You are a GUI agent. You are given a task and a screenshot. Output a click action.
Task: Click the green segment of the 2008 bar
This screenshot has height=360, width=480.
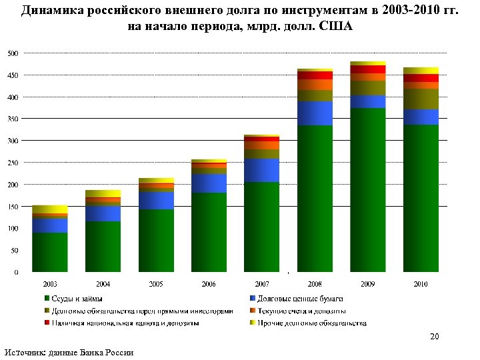[315, 198]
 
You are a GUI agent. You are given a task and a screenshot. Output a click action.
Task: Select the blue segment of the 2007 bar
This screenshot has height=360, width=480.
[262, 170]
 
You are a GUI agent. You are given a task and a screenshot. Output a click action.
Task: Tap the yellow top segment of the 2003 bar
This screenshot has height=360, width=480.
[50, 209]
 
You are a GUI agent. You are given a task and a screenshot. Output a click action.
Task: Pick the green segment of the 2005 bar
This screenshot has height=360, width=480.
[156, 240]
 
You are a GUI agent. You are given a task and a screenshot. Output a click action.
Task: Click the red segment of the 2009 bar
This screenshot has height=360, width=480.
[368, 69]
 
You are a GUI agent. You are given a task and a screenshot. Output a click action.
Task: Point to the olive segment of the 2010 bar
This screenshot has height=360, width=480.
[421, 99]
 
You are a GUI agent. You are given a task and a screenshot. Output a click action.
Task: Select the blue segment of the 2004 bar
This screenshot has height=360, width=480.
[103, 213]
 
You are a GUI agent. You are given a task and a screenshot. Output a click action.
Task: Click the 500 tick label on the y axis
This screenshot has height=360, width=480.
[13, 53]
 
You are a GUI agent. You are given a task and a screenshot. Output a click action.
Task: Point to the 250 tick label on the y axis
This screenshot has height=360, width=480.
[13, 163]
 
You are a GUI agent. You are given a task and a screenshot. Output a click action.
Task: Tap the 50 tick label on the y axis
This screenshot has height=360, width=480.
[15, 251]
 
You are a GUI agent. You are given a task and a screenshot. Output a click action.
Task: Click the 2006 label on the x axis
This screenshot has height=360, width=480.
[209, 284]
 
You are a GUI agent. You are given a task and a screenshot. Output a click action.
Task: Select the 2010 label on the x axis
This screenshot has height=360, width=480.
[421, 284]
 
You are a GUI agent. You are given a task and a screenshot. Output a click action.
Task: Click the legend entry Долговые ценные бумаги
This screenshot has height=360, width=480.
[295, 298]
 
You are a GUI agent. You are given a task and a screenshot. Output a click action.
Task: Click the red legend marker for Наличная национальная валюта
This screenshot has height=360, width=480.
[47, 323]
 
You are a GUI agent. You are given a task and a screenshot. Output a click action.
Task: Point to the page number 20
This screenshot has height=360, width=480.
[434, 337]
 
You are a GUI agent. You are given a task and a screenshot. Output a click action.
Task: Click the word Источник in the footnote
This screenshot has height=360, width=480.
[25, 352]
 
